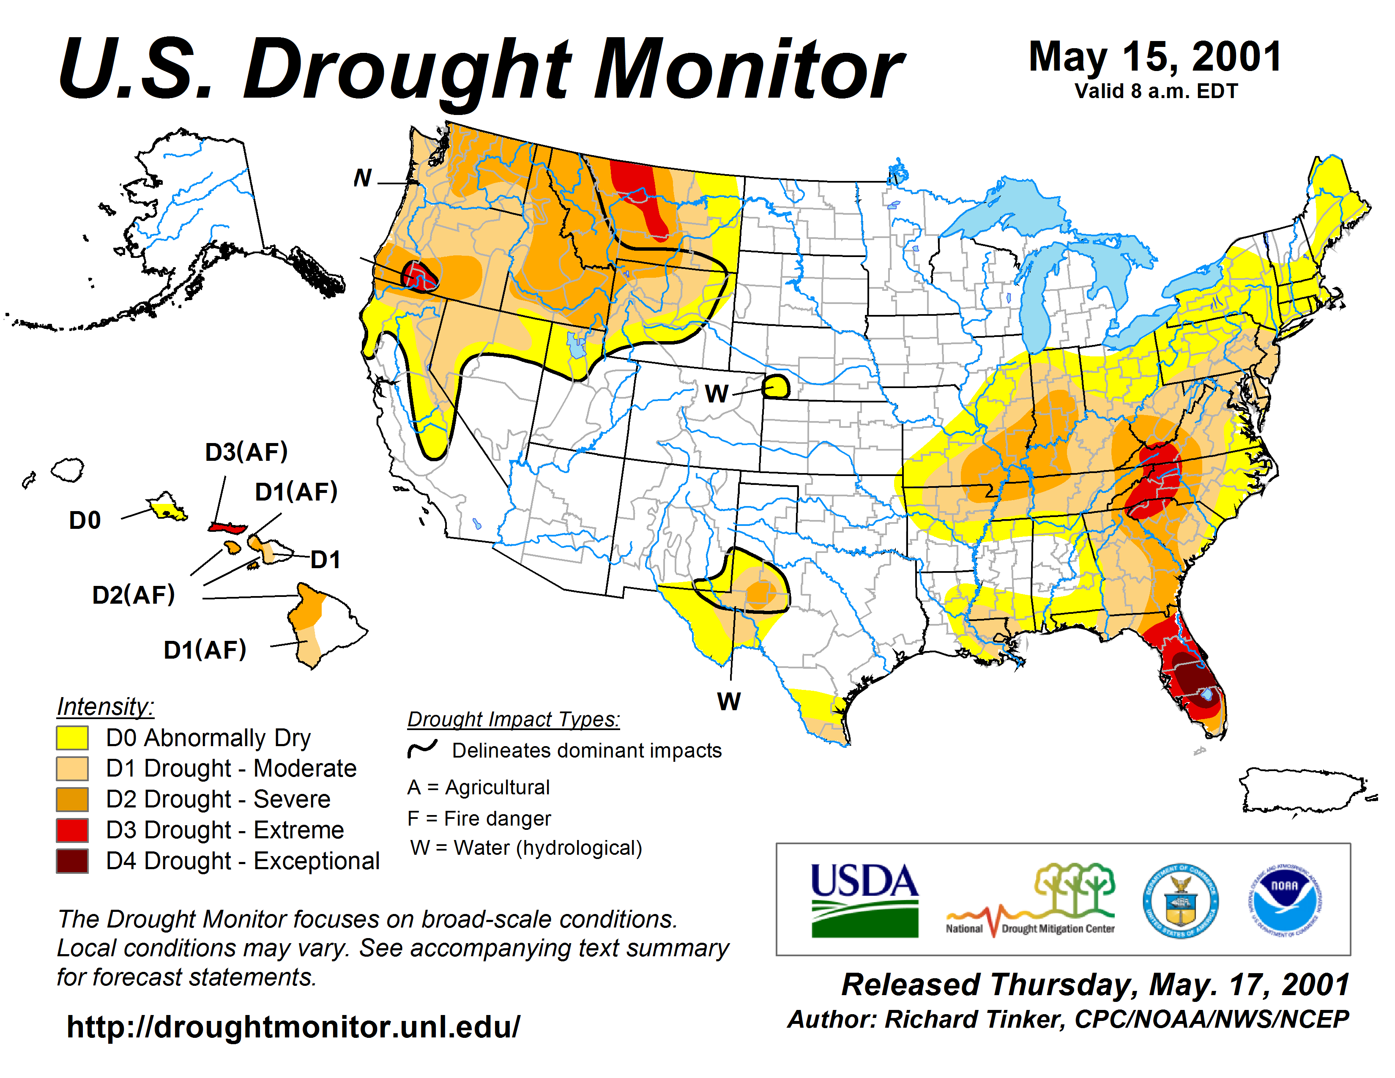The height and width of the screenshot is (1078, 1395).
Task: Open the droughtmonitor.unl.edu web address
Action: [x=293, y=1027]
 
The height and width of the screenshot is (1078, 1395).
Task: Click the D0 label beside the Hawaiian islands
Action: [x=85, y=520]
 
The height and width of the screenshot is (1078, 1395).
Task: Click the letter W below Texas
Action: [x=729, y=701]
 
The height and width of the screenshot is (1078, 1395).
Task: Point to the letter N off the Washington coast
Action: [x=363, y=178]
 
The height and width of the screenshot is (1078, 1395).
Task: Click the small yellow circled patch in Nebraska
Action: [x=777, y=387]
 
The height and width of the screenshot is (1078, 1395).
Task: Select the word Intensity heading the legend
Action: [x=105, y=707]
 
